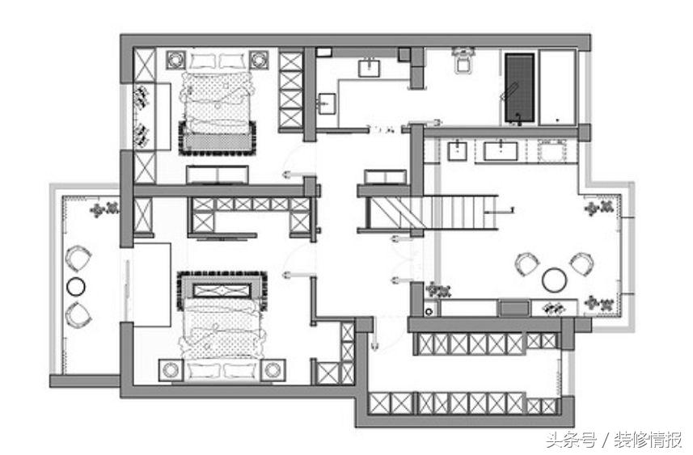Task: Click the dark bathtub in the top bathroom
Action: point(520,87)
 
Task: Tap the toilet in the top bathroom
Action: point(463,60)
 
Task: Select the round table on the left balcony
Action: point(75,286)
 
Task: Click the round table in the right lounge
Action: point(554,280)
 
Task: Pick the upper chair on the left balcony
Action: point(78,259)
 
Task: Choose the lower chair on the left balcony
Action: point(78,314)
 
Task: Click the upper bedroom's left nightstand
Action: point(175,60)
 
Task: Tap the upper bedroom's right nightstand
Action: point(259,60)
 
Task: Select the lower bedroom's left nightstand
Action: point(171,370)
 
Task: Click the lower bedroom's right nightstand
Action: point(273,370)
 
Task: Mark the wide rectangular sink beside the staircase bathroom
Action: point(501,150)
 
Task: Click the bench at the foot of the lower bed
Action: point(222,290)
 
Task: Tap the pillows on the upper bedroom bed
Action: point(218,61)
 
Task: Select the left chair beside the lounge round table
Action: point(528,263)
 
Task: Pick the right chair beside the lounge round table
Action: point(581,263)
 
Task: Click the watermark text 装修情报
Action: point(648,440)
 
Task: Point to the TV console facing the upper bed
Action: point(217,174)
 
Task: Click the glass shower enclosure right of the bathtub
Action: point(557,87)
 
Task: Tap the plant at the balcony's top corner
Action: point(104,209)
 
